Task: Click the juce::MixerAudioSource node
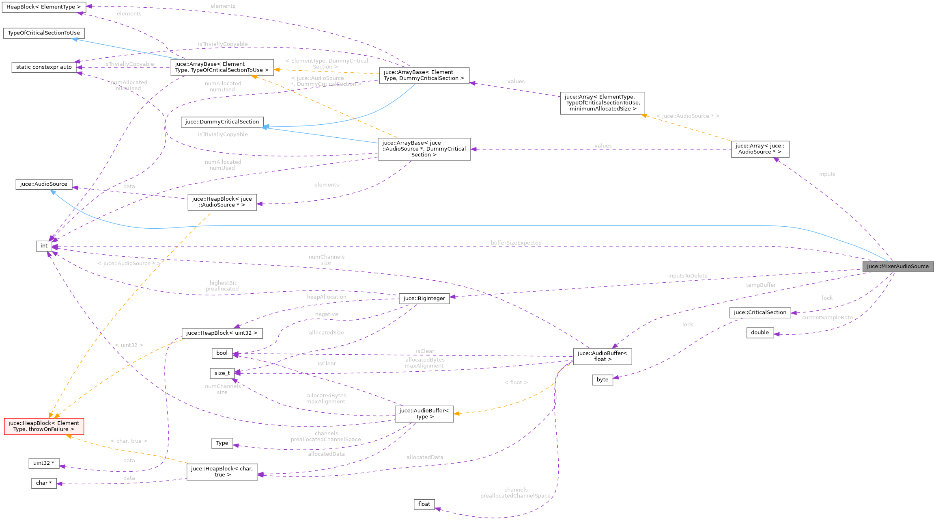tap(897, 266)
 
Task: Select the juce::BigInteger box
tap(424, 299)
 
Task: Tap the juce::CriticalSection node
tap(760, 312)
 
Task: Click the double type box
tap(760, 333)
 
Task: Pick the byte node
tap(602, 380)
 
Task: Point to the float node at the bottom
tap(424, 504)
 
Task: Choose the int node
tap(44, 246)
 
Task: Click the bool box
tap(222, 353)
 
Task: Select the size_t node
tap(222, 373)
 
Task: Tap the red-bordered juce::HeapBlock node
tap(44, 426)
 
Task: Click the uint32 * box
tap(44, 463)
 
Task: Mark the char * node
tap(44, 483)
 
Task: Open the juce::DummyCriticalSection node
tap(222, 122)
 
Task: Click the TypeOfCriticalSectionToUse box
tap(44, 33)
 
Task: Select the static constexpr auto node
tap(44, 67)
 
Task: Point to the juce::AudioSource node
tap(44, 184)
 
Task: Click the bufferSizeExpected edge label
tap(516, 243)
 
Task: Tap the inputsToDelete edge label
tap(688, 276)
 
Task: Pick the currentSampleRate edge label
tap(827, 318)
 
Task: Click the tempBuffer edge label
tap(761, 285)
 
